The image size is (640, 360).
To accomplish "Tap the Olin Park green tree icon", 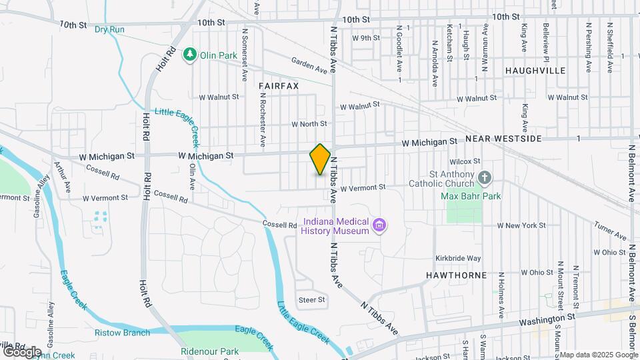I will click(x=191, y=53).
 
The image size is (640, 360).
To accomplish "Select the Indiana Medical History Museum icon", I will click(x=379, y=225).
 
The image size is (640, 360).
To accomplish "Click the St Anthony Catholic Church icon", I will click(x=485, y=178).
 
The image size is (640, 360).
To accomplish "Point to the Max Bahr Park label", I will click(x=471, y=196).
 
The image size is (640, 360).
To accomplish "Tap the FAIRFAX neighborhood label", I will click(x=279, y=87).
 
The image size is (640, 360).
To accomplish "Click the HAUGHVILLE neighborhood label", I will click(x=535, y=71).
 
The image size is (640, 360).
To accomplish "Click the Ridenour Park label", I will click(x=209, y=351).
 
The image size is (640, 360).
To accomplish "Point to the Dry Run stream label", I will click(x=109, y=29).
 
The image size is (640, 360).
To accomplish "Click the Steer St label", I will click(x=311, y=300).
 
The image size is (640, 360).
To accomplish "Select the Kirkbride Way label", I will click(x=458, y=258).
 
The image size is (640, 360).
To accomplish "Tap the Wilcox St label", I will click(x=465, y=161).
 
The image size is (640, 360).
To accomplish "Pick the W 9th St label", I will click(x=366, y=38).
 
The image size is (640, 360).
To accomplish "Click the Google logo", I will click(x=21, y=351).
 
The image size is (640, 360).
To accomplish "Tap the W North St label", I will click(x=309, y=124).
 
